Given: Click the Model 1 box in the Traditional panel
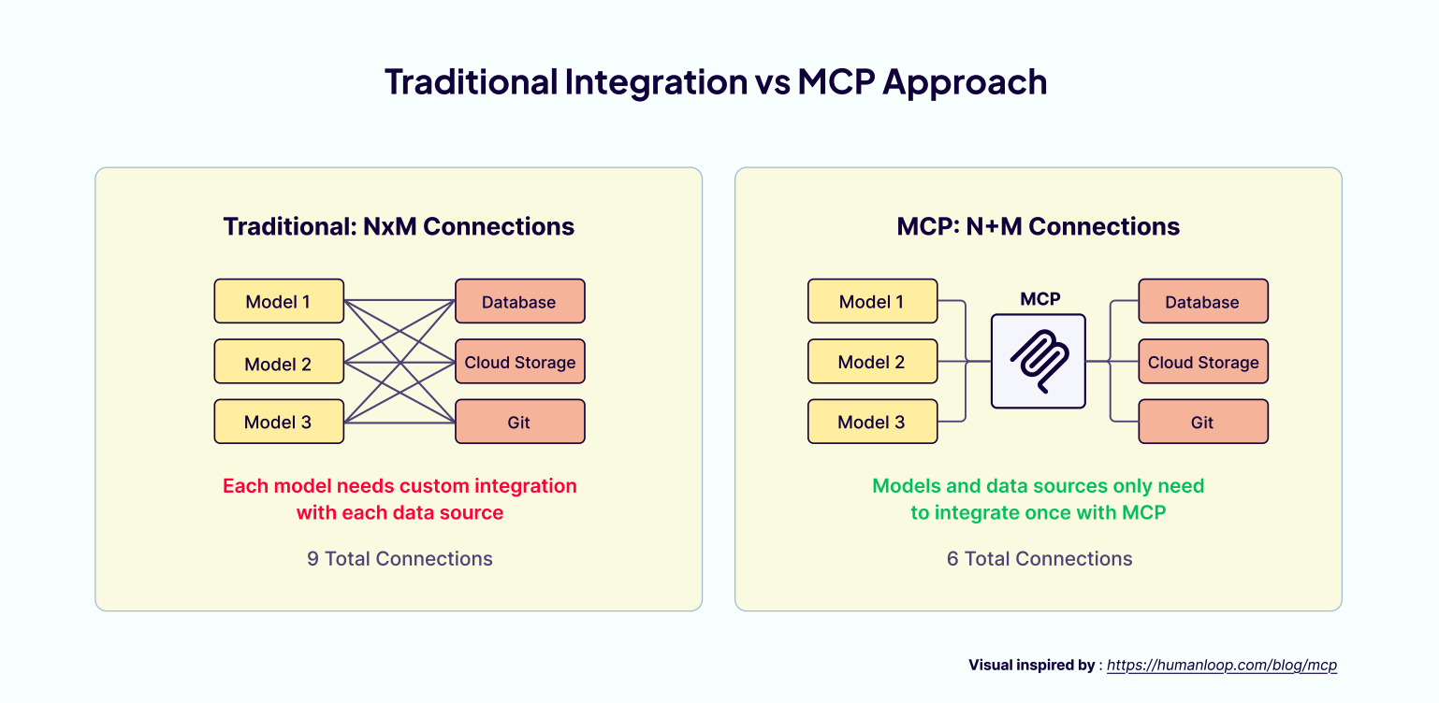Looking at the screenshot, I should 279,301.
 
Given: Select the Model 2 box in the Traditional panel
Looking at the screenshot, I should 279,362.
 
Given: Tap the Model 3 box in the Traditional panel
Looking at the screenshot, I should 279,422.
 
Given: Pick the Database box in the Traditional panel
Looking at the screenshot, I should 519,301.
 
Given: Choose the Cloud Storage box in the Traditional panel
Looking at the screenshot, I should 519,362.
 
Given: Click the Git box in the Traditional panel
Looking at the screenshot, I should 519,422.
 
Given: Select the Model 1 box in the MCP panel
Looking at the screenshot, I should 872,301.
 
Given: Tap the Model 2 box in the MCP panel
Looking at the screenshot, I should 872,362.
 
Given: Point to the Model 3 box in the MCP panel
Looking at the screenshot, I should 872,422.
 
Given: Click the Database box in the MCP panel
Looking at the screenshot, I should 1202,301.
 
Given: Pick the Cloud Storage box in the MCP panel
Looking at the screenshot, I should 1202,362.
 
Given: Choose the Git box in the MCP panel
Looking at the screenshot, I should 1202,422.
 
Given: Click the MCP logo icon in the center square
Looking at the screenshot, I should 1039,361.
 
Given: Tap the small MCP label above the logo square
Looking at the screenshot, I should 1039,299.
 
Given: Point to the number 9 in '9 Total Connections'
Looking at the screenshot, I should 313,559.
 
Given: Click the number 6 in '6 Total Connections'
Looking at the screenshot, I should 952,559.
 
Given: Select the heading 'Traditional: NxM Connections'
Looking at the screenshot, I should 399,226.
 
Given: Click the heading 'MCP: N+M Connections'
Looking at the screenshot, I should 1039,226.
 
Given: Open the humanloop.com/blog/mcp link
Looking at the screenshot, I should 1222,666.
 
